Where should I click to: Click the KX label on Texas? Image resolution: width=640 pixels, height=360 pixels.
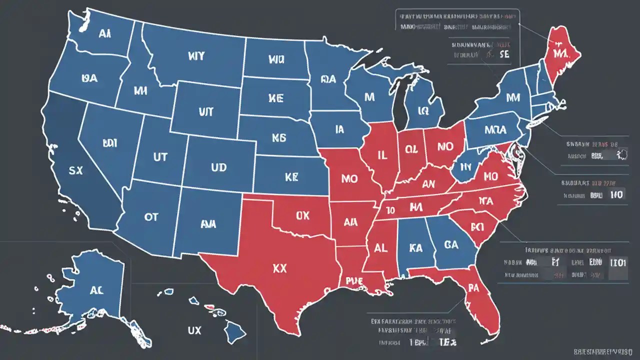280,268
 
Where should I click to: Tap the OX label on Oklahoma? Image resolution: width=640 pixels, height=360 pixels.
302,215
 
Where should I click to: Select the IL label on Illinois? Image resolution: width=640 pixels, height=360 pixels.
381,155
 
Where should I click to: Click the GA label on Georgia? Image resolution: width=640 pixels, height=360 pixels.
451,244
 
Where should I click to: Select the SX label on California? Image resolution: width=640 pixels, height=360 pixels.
75,170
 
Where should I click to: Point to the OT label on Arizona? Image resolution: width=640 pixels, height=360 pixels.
150,216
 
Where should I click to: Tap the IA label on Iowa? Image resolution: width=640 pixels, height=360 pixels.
339,129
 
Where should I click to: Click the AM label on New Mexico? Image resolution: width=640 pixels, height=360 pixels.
208,224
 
